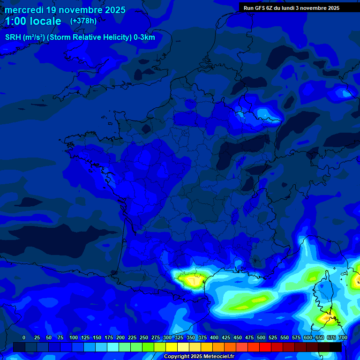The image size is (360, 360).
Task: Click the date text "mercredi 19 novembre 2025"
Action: [65, 10]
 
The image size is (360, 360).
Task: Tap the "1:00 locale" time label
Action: [33, 21]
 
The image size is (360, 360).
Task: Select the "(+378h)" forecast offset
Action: [83, 21]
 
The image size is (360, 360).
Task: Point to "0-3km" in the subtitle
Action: [144, 37]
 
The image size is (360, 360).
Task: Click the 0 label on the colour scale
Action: [24, 337]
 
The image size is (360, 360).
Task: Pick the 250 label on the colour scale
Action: [144, 337]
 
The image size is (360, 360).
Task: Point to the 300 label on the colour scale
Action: [167, 337]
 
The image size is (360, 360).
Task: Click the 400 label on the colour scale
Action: [214, 337]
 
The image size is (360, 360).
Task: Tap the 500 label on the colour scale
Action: [261, 337]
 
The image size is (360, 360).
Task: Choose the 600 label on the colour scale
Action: [308, 337]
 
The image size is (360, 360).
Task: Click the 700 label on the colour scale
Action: [343, 337]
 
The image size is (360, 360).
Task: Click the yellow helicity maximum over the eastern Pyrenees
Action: [192, 280]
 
